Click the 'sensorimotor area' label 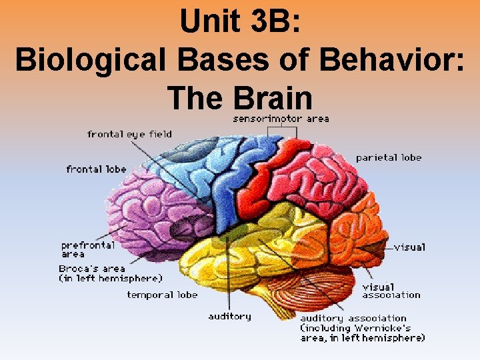281,119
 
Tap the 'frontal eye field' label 129,134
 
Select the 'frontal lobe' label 96,169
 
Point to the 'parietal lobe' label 389,158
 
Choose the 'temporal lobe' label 162,295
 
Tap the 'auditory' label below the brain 229,316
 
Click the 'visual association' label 391,291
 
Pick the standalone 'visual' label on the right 409,247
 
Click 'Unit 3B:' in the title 241,23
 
